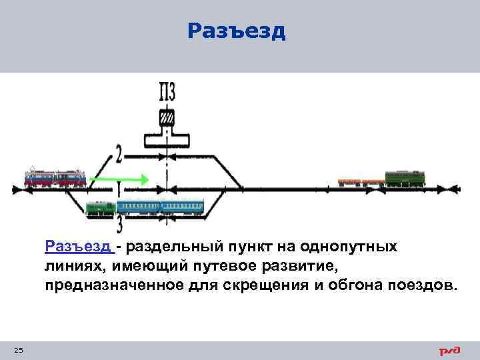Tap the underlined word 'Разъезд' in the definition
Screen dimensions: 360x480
(79, 247)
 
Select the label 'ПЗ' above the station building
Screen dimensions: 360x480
(167, 91)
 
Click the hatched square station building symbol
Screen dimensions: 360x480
(167, 117)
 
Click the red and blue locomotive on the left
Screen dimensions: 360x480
(55, 177)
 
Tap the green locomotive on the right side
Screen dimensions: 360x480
(405, 178)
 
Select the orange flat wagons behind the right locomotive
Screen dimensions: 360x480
(361, 181)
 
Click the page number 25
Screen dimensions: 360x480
(18, 351)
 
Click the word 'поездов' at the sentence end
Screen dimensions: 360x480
(428, 286)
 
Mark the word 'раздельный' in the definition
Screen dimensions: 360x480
(167, 247)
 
